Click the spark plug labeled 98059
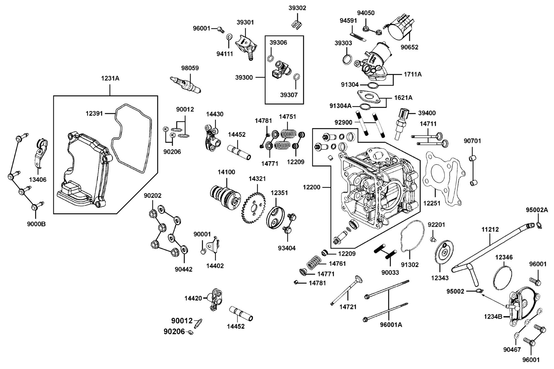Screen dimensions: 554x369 click(186, 84)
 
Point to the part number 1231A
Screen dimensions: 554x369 click(110, 78)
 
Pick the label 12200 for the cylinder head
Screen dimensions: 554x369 click(311, 187)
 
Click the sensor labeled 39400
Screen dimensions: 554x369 click(401, 123)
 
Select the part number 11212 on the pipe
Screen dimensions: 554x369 click(490, 229)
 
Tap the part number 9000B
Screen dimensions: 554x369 click(36, 224)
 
